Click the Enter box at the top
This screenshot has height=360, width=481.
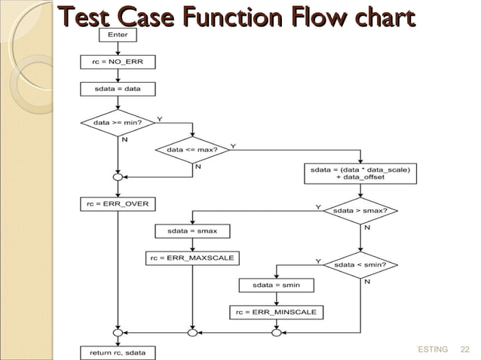(x=118, y=35)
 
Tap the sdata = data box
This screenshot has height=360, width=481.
(x=118, y=89)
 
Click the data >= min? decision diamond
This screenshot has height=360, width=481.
(x=118, y=121)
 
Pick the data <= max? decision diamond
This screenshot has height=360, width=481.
(x=192, y=149)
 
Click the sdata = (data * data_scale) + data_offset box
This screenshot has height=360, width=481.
(x=360, y=173)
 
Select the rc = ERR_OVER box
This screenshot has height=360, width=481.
(x=118, y=203)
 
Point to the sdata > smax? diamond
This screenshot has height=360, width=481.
(x=360, y=212)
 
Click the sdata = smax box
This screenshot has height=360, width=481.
(x=192, y=230)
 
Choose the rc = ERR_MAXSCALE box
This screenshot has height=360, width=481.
(x=192, y=258)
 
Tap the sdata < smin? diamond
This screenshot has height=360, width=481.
(x=360, y=265)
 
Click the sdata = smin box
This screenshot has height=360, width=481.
(x=276, y=285)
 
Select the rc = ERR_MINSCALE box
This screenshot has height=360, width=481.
(x=276, y=312)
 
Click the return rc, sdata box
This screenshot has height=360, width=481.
(x=118, y=352)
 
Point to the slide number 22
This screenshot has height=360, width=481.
(x=464, y=349)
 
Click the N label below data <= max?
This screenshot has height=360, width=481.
(x=198, y=166)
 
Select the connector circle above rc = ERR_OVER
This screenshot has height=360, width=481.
(x=118, y=178)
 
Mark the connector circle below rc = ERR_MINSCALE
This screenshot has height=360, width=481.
(x=276, y=332)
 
